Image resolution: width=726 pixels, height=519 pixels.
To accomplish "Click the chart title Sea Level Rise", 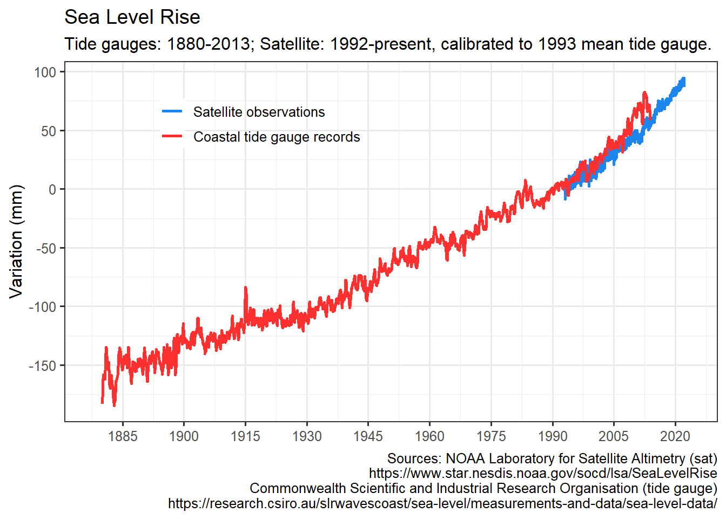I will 132,17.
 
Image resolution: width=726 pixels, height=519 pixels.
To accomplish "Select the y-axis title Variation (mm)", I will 17,241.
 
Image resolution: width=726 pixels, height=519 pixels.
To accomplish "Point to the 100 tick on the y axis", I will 45,72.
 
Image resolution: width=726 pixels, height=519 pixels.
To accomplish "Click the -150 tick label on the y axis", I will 43,365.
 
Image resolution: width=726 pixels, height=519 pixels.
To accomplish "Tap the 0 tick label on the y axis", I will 52,189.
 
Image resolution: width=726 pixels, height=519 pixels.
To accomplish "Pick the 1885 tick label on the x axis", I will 123,436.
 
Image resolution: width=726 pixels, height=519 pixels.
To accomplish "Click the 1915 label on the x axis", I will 245,436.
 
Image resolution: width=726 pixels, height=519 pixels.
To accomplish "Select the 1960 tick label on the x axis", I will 429,436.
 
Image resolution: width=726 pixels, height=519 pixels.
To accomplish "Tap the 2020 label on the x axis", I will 675,436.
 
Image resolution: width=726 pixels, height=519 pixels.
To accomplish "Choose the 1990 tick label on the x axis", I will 553,436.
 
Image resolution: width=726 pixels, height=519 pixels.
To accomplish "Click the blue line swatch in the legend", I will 172,112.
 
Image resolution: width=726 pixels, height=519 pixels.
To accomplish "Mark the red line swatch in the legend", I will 172,137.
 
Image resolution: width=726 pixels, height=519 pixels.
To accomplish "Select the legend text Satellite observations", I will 259,112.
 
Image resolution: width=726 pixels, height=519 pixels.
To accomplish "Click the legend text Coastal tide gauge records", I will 277,137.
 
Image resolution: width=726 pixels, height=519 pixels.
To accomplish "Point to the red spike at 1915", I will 246,288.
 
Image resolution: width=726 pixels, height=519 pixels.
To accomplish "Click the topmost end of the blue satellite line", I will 684,79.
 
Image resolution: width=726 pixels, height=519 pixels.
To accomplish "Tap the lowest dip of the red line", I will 114,405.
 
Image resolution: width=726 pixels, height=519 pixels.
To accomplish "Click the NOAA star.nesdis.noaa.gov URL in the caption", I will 543,474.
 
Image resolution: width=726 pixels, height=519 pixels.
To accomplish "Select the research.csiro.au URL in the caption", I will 442,503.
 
